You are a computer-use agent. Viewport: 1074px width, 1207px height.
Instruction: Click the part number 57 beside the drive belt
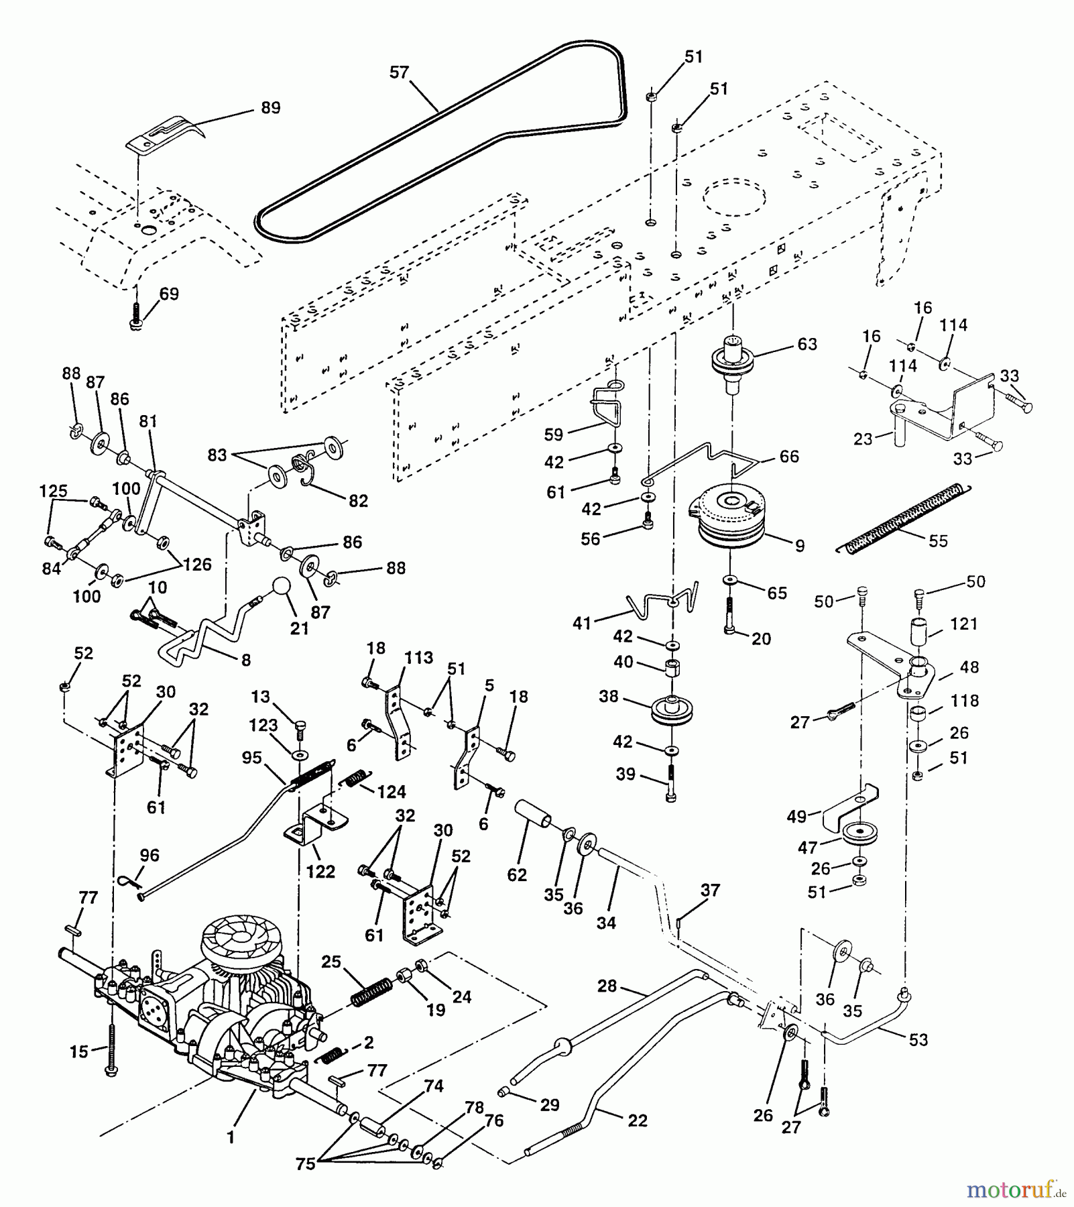point(399,72)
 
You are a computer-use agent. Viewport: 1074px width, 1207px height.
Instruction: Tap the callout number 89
point(270,107)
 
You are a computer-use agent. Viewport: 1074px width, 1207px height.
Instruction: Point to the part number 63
point(807,344)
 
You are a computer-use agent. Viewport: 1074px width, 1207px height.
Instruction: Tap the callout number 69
point(169,294)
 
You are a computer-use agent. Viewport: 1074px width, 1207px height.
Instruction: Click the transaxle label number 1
point(231,1137)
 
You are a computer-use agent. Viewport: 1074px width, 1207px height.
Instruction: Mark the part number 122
point(320,872)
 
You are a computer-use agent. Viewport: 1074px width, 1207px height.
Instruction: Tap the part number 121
point(963,624)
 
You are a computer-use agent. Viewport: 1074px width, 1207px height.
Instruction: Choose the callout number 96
point(149,855)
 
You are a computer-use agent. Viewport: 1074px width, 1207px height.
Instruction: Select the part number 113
point(418,658)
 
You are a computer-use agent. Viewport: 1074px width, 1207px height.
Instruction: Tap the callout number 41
point(582,623)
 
